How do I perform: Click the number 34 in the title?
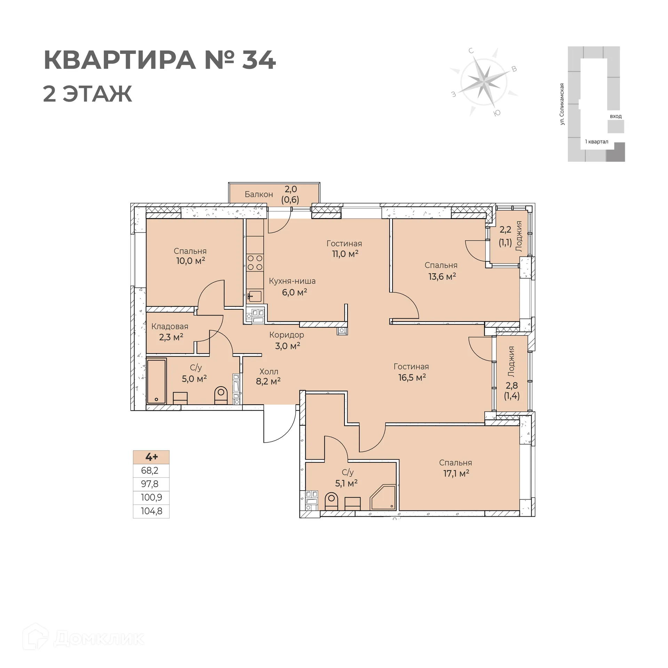coord(259,60)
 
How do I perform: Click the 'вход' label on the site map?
coord(615,116)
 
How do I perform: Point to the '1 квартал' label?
coord(596,142)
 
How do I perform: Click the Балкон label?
coord(259,194)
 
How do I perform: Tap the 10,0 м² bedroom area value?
coord(190,261)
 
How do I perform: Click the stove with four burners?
coord(255,262)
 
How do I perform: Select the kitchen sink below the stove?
coord(255,296)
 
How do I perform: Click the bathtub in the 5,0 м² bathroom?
coord(157,381)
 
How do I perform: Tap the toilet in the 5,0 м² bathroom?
coord(221,396)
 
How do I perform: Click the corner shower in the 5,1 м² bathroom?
coord(383,498)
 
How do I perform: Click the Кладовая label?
coord(170,326)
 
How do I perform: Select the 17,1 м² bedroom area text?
coord(456,473)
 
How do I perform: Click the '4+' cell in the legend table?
coord(151,457)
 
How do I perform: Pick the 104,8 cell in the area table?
coord(151,511)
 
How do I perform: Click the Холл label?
coord(269,372)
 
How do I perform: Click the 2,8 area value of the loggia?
coord(512,385)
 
